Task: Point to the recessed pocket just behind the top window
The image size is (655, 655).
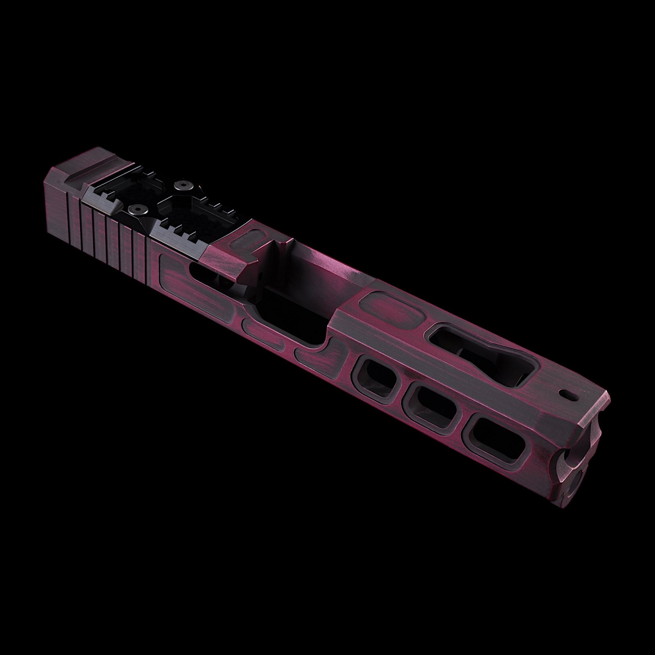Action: click(391, 305)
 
